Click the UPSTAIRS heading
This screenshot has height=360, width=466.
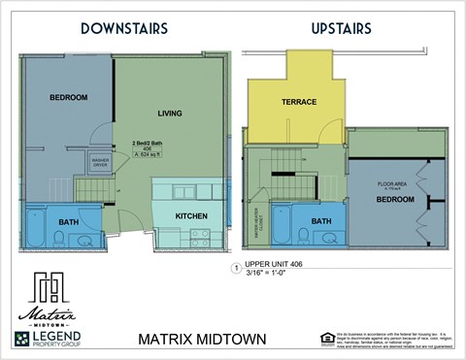[342, 29]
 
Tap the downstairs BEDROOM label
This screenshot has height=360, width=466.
[68, 97]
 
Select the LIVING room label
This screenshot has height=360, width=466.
[171, 114]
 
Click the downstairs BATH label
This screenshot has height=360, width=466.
[68, 222]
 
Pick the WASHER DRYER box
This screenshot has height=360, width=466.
[100, 163]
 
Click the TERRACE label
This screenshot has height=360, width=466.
[298, 101]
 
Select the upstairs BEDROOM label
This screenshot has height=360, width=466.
[396, 199]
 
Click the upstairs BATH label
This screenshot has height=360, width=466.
[321, 221]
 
